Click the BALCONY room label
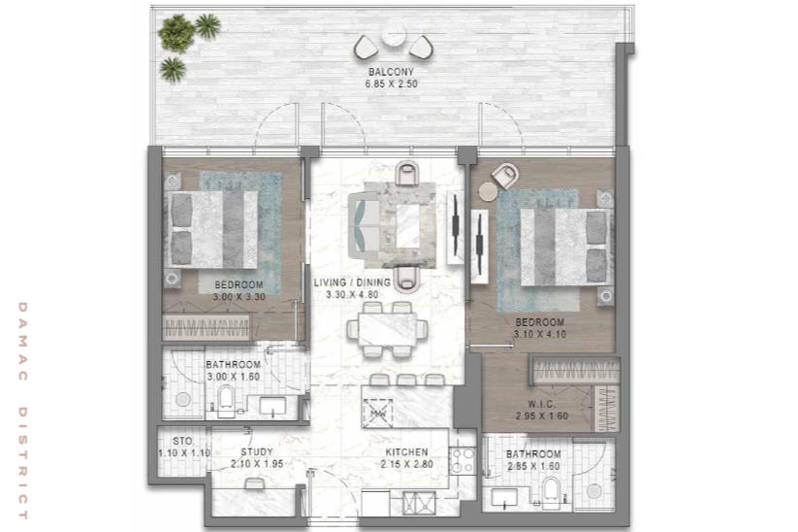coord(391,72)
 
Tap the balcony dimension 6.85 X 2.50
coord(391,84)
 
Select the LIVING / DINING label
coord(352,283)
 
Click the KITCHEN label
coord(406,452)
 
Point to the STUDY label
coord(257,452)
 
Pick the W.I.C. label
coord(541,404)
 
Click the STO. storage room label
coord(182,441)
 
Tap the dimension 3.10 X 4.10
coord(539,334)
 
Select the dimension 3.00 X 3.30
coord(239,296)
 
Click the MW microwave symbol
coord(378,414)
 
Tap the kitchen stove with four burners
coord(463,460)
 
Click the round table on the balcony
coord(394,36)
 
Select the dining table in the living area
coord(388,329)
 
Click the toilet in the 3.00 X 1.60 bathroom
coord(227,401)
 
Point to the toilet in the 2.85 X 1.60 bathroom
coord(550,492)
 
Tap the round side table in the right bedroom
coord(488,191)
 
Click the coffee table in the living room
coord(407,226)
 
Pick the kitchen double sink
coord(419,503)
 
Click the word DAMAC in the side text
coord(23,342)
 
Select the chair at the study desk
coord(254,483)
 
